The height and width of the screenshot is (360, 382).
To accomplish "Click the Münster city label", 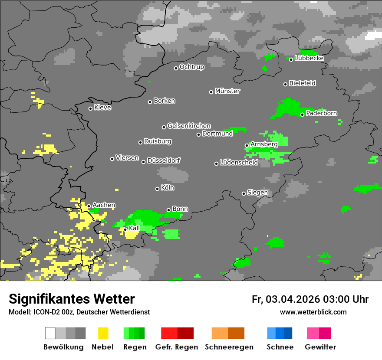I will pyautogui.click(x=227, y=91).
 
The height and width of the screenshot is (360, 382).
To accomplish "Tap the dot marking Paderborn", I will pyautogui.click(x=302, y=115).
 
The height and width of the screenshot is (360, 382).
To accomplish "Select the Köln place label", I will pyautogui.click(x=168, y=188).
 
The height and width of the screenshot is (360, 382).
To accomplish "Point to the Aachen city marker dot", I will pyautogui.click(x=89, y=206).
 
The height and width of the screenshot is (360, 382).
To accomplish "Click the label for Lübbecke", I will pyautogui.click(x=310, y=59).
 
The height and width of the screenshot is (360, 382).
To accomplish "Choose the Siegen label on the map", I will pyautogui.click(x=258, y=193).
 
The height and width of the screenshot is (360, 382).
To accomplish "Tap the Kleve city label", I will pyautogui.click(x=103, y=108).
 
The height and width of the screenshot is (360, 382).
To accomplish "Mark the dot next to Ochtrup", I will pyautogui.click(x=176, y=68).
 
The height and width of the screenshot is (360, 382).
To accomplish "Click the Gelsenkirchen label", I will pyautogui.click(x=189, y=126).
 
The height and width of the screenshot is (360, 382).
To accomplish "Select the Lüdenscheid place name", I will pyautogui.click(x=239, y=163).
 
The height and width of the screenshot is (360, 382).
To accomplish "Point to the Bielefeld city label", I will pyautogui.click(x=303, y=83).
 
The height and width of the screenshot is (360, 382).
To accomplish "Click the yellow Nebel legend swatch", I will pyautogui.click(x=103, y=333).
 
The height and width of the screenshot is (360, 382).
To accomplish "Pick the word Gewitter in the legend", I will pyautogui.click(x=320, y=347).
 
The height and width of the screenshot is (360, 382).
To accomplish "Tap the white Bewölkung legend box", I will pyautogui.click(x=50, y=333).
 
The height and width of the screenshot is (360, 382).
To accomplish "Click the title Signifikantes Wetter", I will pyautogui.click(x=72, y=299).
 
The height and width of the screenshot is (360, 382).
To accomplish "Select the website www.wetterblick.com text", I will pyautogui.click(x=313, y=312).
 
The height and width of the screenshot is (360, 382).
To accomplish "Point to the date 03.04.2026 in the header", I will pyautogui.click(x=293, y=299).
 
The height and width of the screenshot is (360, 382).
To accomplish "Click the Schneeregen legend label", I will pyautogui.click(x=229, y=347).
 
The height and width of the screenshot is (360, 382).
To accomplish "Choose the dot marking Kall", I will pyautogui.click(x=125, y=229).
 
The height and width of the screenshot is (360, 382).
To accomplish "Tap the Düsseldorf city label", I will pyautogui.click(x=164, y=160).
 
